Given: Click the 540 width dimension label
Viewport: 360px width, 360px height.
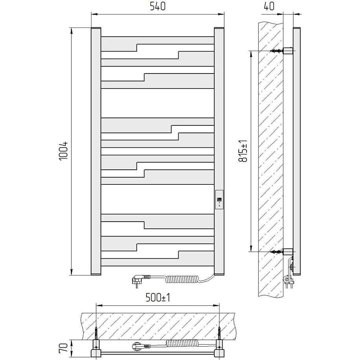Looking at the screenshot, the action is coord(157,6).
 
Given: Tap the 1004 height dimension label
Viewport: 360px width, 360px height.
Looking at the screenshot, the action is coord(64,151).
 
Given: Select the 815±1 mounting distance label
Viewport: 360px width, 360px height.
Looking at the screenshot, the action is coord(243,151).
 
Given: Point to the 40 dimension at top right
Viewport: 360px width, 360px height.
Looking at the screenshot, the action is coord(269,6).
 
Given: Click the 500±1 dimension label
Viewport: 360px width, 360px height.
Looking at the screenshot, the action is coord(158,298).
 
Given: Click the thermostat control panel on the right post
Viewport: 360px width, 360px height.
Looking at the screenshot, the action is coord(219,200).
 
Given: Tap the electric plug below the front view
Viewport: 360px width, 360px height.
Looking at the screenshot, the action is coord(140,280).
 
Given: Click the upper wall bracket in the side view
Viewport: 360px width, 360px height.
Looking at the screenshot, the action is coord(288,51).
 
